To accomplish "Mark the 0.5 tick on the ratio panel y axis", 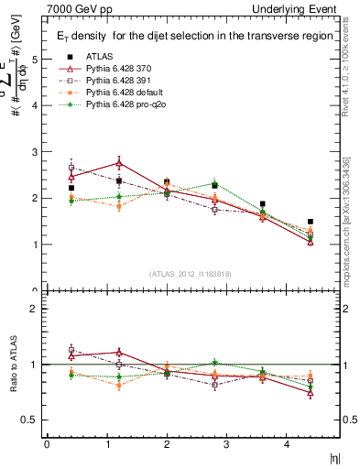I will point(32,420).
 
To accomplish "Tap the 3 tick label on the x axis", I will point(226,443).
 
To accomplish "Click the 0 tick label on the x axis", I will point(47,443).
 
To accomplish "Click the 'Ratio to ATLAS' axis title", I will point(13,365).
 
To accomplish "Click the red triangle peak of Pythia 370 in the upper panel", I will point(119,162).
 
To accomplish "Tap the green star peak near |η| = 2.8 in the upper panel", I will point(214,183).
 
